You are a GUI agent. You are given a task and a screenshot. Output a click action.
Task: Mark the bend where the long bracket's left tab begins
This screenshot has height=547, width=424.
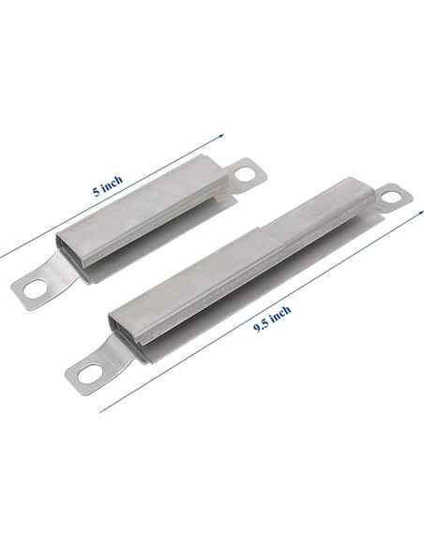pyautogui.click(x=114, y=356)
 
